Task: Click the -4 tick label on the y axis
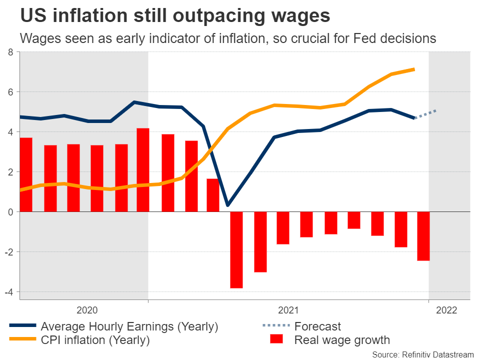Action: pos(8,292)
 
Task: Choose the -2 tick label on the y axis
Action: pos(8,252)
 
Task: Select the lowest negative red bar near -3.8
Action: pos(236,250)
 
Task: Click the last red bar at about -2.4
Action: pos(423,236)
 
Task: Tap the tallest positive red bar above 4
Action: pos(143,170)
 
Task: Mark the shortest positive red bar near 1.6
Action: pos(213,195)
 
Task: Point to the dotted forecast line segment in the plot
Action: pos(426,114)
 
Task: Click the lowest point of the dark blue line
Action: pos(227,205)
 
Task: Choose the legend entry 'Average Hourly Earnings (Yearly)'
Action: pos(129,327)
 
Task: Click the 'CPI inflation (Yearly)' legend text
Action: pos(95,340)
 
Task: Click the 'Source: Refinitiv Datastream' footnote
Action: pos(422,354)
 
